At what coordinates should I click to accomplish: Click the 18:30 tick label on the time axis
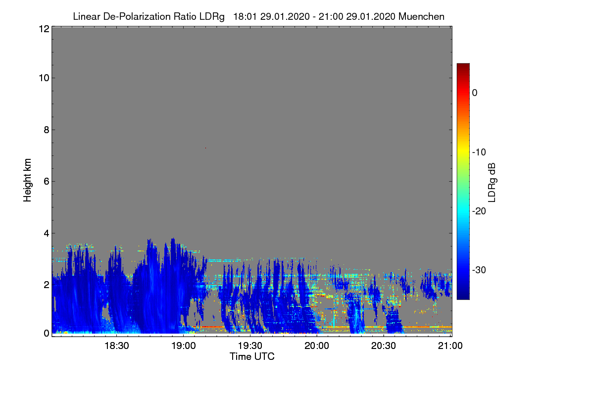[x=116, y=346]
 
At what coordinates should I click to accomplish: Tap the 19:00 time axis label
[x=183, y=346]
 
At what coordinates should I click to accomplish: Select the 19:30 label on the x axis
[x=250, y=346]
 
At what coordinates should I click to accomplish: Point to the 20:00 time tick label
[x=317, y=346]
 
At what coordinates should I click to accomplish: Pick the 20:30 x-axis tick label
[x=384, y=346]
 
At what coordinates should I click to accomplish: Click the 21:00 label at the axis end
[x=450, y=346]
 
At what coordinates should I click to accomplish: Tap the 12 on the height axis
[x=44, y=29]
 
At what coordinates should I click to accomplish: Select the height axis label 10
[x=44, y=78]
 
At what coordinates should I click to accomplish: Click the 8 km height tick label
[x=47, y=130]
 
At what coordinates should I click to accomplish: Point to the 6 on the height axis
[x=47, y=182]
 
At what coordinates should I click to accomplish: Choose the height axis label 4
[x=47, y=233]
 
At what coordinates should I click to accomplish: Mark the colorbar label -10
[x=479, y=152]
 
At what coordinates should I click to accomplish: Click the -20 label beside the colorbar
[x=479, y=211]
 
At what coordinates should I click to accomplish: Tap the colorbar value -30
[x=479, y=270]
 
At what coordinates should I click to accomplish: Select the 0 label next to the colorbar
[x=475, y=93]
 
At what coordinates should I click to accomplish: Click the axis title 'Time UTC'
[x=252, y=356]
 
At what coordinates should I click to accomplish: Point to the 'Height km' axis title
[x=27, y=180]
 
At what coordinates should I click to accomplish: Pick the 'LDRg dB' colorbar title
[x=492, y=183]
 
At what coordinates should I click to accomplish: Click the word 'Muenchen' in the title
[x=421, y=16]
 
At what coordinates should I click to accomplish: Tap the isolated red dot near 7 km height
[x=205, y=148]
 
